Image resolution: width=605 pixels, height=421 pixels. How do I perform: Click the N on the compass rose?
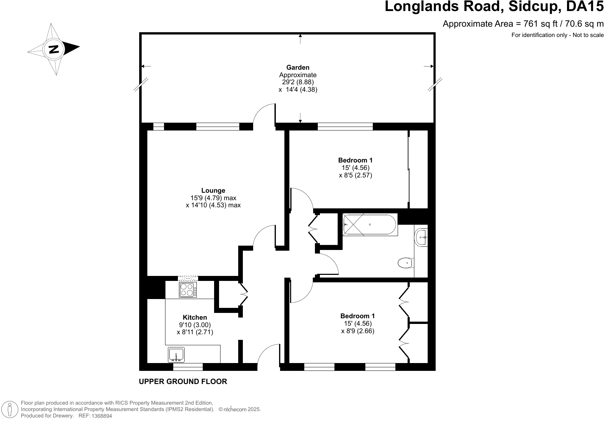click(54, 49)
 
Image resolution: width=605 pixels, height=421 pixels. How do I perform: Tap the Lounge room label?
click(213, 191)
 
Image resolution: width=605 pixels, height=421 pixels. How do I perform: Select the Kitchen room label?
click(195, 318)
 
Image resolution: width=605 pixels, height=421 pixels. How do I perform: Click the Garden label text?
click(298, 67)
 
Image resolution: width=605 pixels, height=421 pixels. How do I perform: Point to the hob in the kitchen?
click(188, 290)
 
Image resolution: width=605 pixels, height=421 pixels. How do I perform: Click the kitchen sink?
click(176, 355)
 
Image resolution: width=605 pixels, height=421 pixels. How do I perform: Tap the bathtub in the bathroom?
click(370, 225)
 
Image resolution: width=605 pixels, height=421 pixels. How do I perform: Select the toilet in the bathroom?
click(406, 263)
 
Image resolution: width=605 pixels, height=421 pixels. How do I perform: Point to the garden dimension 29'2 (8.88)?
click(298, 82)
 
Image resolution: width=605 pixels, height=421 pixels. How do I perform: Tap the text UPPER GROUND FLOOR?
click(183, 382)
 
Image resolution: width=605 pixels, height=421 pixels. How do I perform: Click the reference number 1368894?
click(102, 416)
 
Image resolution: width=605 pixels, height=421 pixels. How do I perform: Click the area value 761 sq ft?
click(540, 24)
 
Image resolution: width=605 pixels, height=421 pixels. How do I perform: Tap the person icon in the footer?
click(10, 409)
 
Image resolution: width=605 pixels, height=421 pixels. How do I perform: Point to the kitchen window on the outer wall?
click(188, 367)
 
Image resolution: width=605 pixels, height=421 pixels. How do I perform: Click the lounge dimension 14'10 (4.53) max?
click(213, 205)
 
